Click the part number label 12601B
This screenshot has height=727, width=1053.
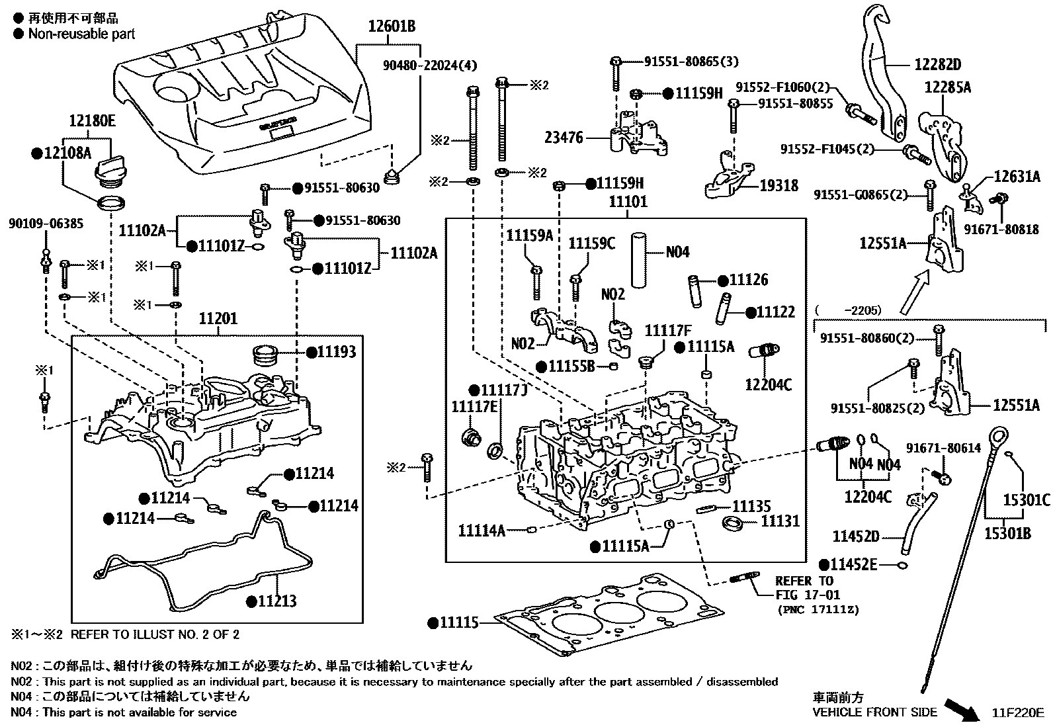point(392,27)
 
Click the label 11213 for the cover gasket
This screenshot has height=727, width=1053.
point(277,601)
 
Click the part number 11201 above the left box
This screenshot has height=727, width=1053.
point(218,319)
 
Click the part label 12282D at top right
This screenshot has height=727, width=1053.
point(937,64)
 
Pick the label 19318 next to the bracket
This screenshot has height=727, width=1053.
point(779,186)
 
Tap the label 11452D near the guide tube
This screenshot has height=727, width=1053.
point(856,536)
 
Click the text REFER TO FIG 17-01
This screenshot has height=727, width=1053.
point(804,588)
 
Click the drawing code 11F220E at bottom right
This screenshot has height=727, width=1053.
point(1017,712)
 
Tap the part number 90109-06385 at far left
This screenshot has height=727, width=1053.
point(46,224)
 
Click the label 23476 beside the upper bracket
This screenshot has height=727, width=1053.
point(564,138)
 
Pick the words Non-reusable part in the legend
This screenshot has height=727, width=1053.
point(81,34)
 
